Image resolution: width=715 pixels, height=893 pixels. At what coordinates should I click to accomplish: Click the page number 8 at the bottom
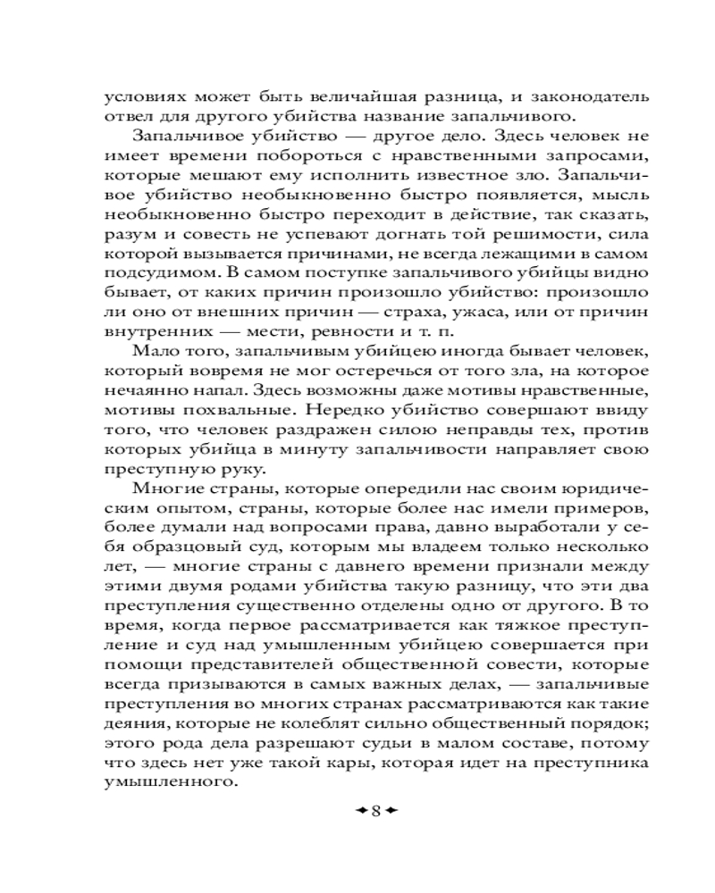tap(375, 811)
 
